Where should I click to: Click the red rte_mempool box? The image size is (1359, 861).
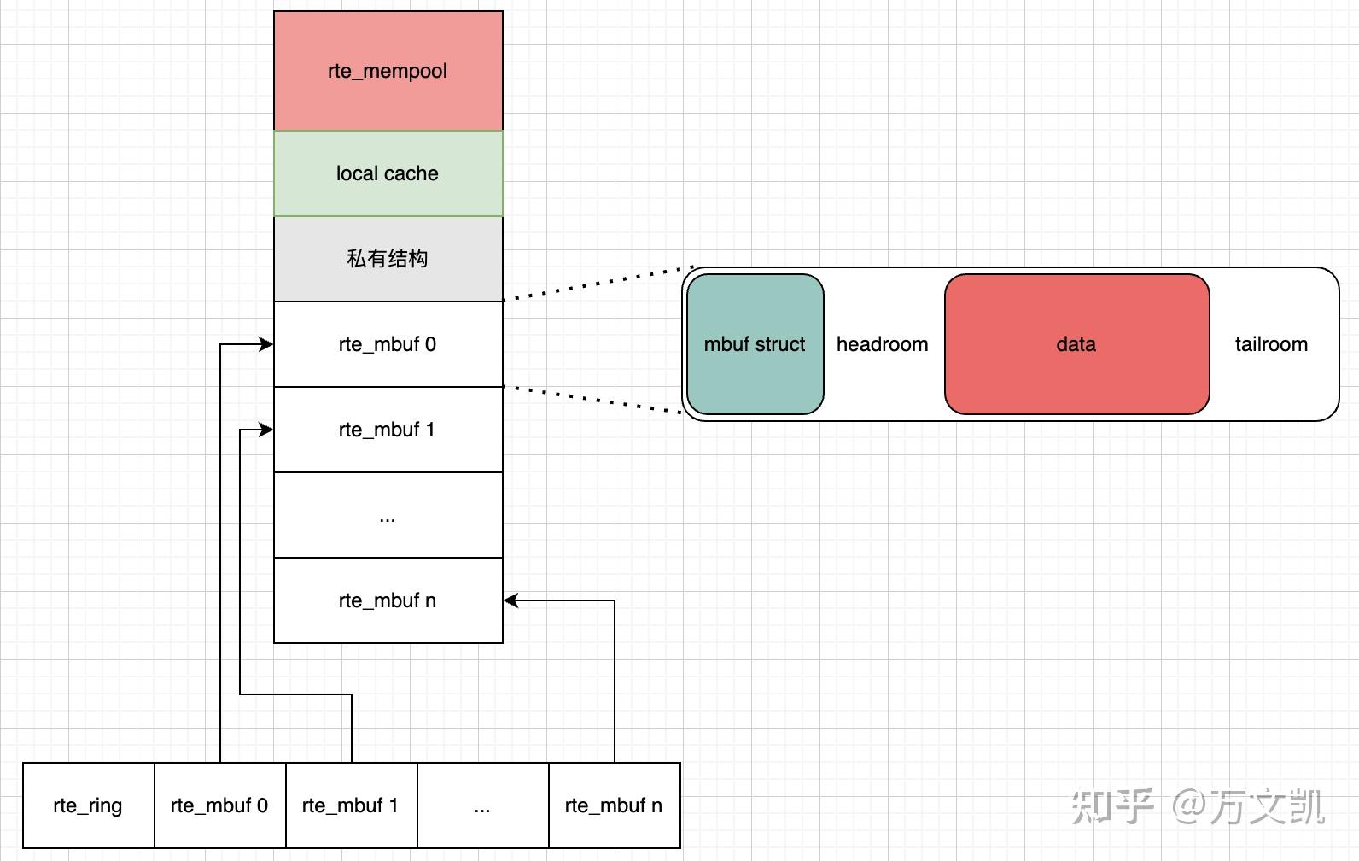tap(388, 70)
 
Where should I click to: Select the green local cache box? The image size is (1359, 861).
tap(388, 173)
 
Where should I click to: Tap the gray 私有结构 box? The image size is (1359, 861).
tap(388, 259)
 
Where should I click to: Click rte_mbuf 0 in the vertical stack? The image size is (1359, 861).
tap(388, 344)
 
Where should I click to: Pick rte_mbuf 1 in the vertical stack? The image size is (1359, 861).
tap(388, 430)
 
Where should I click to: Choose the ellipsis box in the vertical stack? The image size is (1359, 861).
tap(388, 515)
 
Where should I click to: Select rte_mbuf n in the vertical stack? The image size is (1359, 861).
tap(388, 600)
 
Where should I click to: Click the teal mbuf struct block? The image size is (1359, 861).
tap(755, 344)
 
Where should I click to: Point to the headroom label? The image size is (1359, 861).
tap(882, 344)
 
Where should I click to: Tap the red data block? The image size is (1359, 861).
tap(1077, 344)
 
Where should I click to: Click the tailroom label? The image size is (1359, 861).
tap(1272, 344)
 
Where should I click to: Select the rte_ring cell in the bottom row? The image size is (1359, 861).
tap(89, 805)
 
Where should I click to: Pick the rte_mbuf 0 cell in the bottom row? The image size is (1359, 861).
tap(220, 805)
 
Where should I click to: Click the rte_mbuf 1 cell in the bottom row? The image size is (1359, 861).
tap(352, 805)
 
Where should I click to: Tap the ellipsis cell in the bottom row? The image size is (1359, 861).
tap(483, 805)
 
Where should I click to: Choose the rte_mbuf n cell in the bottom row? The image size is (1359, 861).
tap(615, 805)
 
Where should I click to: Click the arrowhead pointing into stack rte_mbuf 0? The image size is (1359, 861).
tap(266, 344)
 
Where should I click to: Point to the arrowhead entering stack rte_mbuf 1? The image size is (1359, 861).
tap(266, 430)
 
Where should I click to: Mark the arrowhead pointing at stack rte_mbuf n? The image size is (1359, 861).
tap(510, 600)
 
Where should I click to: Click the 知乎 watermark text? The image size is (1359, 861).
tap(1112, 806)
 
